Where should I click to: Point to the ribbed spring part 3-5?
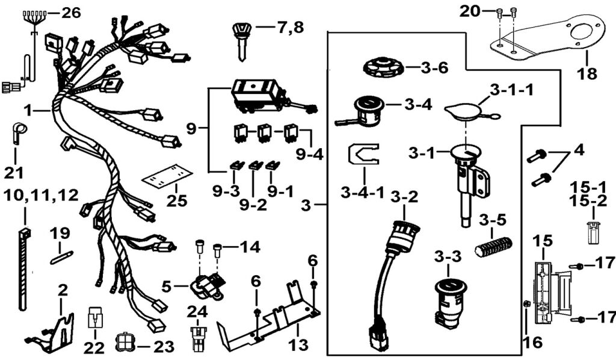494,245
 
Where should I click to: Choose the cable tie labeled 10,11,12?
23,268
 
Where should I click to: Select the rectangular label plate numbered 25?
167,178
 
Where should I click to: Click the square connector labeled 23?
123,343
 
